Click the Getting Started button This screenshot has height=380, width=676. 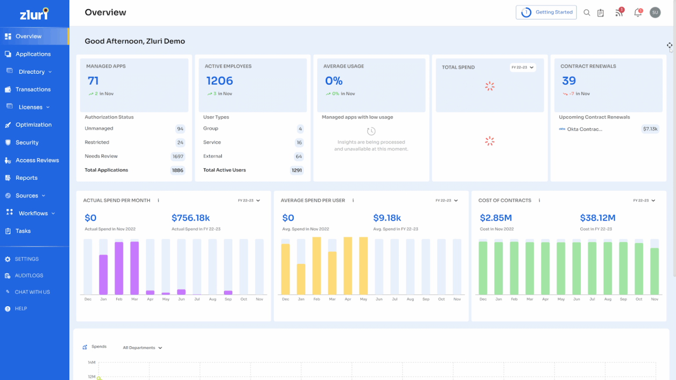point(546,12)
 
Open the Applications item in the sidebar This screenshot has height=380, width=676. point(33,54)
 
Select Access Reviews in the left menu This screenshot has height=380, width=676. point(37,160)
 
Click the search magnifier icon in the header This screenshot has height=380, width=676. point(587,13)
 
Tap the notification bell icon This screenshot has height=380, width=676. point(637,13)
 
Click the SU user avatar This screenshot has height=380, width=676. point(655,13)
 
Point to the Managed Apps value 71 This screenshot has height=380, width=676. point(93,81)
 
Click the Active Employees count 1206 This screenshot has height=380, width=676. point(220,81)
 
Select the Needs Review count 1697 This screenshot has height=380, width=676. point(178,157)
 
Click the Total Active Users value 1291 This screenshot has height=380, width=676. point(297,170)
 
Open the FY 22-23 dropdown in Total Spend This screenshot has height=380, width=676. point(522,67)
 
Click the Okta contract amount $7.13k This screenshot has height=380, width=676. point(650,129)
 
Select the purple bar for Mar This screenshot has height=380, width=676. point(135,268)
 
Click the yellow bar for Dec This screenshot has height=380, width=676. point(286,269)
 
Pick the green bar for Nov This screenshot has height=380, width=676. point(654,271)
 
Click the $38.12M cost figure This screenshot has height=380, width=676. point(597,218)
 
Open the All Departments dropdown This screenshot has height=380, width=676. point(142,348)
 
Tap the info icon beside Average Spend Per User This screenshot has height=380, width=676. point(353,201)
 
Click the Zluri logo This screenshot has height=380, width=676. point(34,14)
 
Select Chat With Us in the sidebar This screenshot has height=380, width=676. point(32,292)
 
